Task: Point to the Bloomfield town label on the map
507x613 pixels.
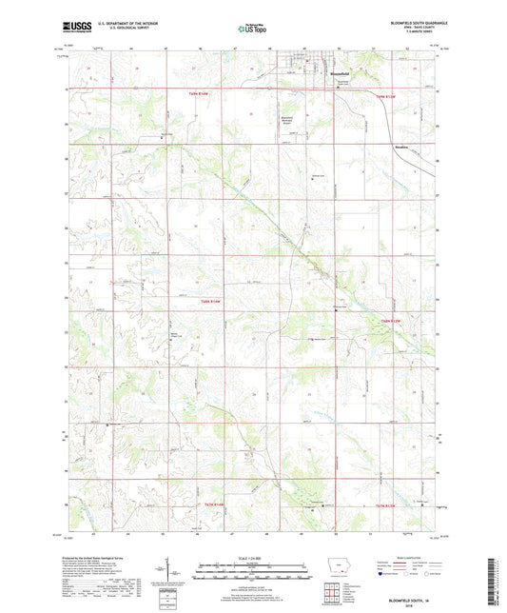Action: click(327, 73)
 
